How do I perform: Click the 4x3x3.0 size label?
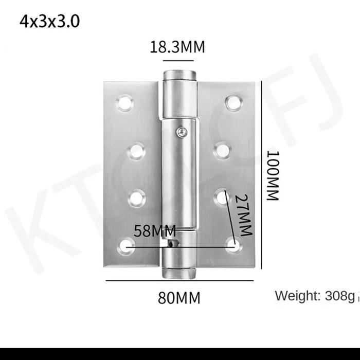pyautogui.click(x=49, y=22)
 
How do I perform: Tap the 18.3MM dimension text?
pyautogui.click(x=177, y=47)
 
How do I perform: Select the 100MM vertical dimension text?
pyautogui.click(x=272, y=175)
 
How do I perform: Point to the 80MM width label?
pyautogui.click(x=179, y=298)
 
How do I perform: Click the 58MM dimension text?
pyautogui.click(x=155, y=231)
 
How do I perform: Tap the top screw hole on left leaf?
pyautogui.click(x=124, y=103)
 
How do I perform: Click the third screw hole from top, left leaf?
pyautogui.click(x=136, y=198)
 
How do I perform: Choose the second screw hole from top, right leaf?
pyautogui.click(x=222, y=151)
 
